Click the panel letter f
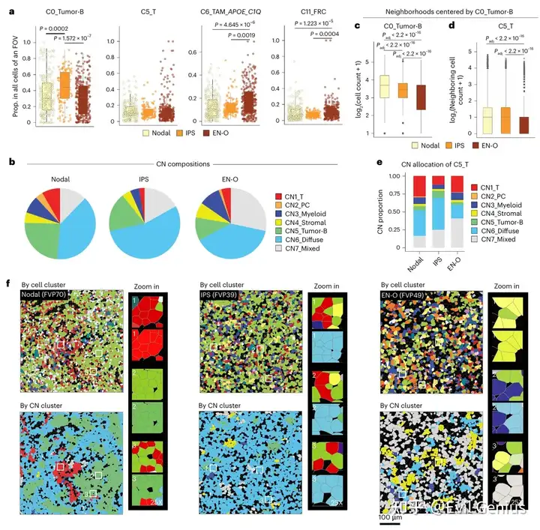[x=7, y=284]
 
